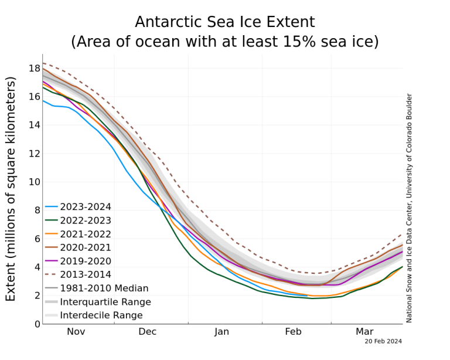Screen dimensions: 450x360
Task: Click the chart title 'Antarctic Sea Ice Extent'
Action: click(x=225, y=22)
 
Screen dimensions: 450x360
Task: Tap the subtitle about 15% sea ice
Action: click(x=225, y=42)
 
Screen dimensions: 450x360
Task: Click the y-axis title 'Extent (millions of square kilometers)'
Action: click(x=11, y=189)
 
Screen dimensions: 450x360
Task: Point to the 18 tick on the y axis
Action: click(x=35, y=69)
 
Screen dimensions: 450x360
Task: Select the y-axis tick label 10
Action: click(x=35, y=182)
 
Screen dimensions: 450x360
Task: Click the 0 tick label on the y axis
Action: click(x=37, y=324)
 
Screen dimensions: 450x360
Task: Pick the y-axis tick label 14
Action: click(x=35, y=125)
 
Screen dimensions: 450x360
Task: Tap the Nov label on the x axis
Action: click(x=76, y=332)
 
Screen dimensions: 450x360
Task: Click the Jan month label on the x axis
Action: click(x=221, y=332)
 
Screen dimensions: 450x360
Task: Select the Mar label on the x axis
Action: click(x=364, y=332)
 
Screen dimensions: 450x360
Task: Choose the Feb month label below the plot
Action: click(x=294, y=332)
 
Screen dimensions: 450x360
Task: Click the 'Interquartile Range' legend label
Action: click(x=105, y=302)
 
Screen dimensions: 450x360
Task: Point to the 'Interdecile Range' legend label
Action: click(x=101, y=315)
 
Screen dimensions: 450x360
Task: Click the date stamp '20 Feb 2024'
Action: click(x=383, y=341)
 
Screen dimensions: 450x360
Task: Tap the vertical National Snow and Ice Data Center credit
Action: click(x=409, y=208)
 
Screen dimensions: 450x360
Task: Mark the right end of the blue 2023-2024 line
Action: click(x=308, y=296)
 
